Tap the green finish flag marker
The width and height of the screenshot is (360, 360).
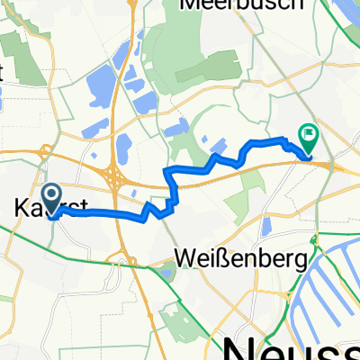(x=309, y=138)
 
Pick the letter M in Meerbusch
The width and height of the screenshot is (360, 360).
(x=192, y=4)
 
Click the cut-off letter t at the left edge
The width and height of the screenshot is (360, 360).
(x=3, y=76)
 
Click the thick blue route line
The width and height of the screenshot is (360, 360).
(x=99, y=213)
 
